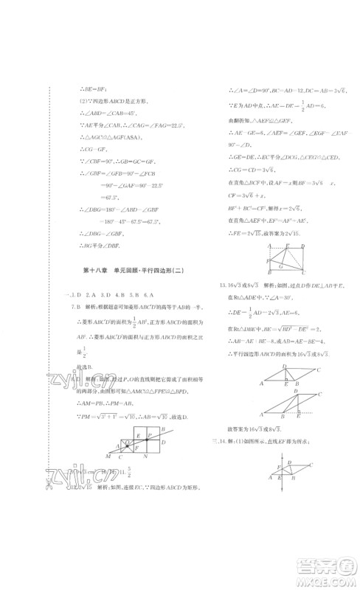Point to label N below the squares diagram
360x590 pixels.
click(x=147, y=457)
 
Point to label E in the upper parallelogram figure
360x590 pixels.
click(x=285, y=384)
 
